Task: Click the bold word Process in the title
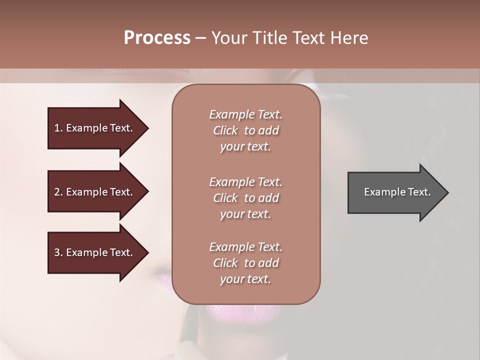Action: pyautogui.click(x=157, y=38)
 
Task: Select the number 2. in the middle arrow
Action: pyautogui.click(x=58, y=192)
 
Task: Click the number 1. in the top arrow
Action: pyautogui.click(x=58, y=128)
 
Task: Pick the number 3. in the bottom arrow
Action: pyautogui.click(x=58, y=252)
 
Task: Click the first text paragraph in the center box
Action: pyautogui.click(x=245, y=130)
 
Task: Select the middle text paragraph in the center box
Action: pyautogui.click(x=245, y=198)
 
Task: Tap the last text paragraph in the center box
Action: pyautogui.click(x=245, y=263)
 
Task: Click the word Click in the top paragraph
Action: pyautogui.click(x=225, y=130)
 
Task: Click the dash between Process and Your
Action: pyautogui.click(x=200, y=38)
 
